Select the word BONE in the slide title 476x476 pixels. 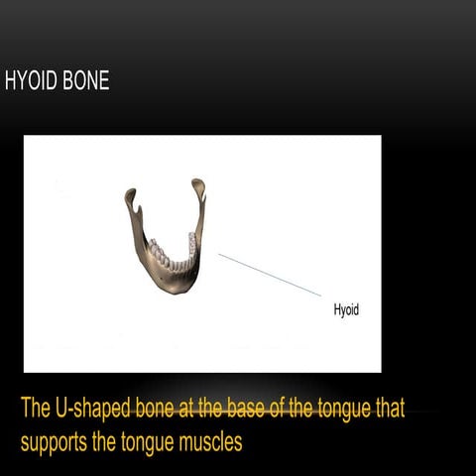click(x=85, y=81)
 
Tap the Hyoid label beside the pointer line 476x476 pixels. click(x=346, y=310)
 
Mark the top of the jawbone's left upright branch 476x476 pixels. click(x=130, y=195)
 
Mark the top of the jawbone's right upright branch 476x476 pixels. click(x=198, y=185)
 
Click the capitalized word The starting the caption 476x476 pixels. click(x=39, y=409)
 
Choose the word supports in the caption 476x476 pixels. click(x=56, y=440)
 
